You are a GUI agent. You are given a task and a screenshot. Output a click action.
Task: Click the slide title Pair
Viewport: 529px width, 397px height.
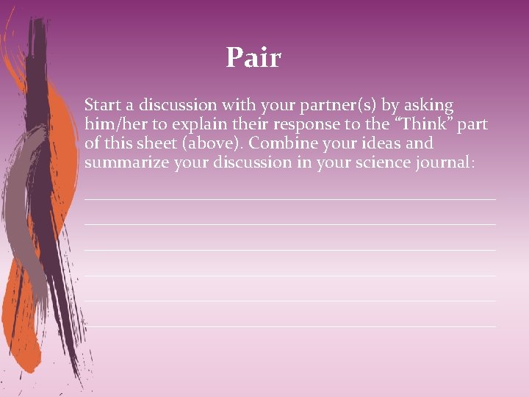click(x=253, y=57)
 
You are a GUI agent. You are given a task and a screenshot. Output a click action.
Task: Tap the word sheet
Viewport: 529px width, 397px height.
click(x=148, y=143)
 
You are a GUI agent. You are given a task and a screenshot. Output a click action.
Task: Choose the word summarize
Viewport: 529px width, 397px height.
click(x=127, y=162)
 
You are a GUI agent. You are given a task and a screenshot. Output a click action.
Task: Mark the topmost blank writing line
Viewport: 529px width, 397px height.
click(x=290, y=199)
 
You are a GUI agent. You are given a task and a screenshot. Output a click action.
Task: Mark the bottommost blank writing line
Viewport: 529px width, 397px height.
click(x=290, y=326)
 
